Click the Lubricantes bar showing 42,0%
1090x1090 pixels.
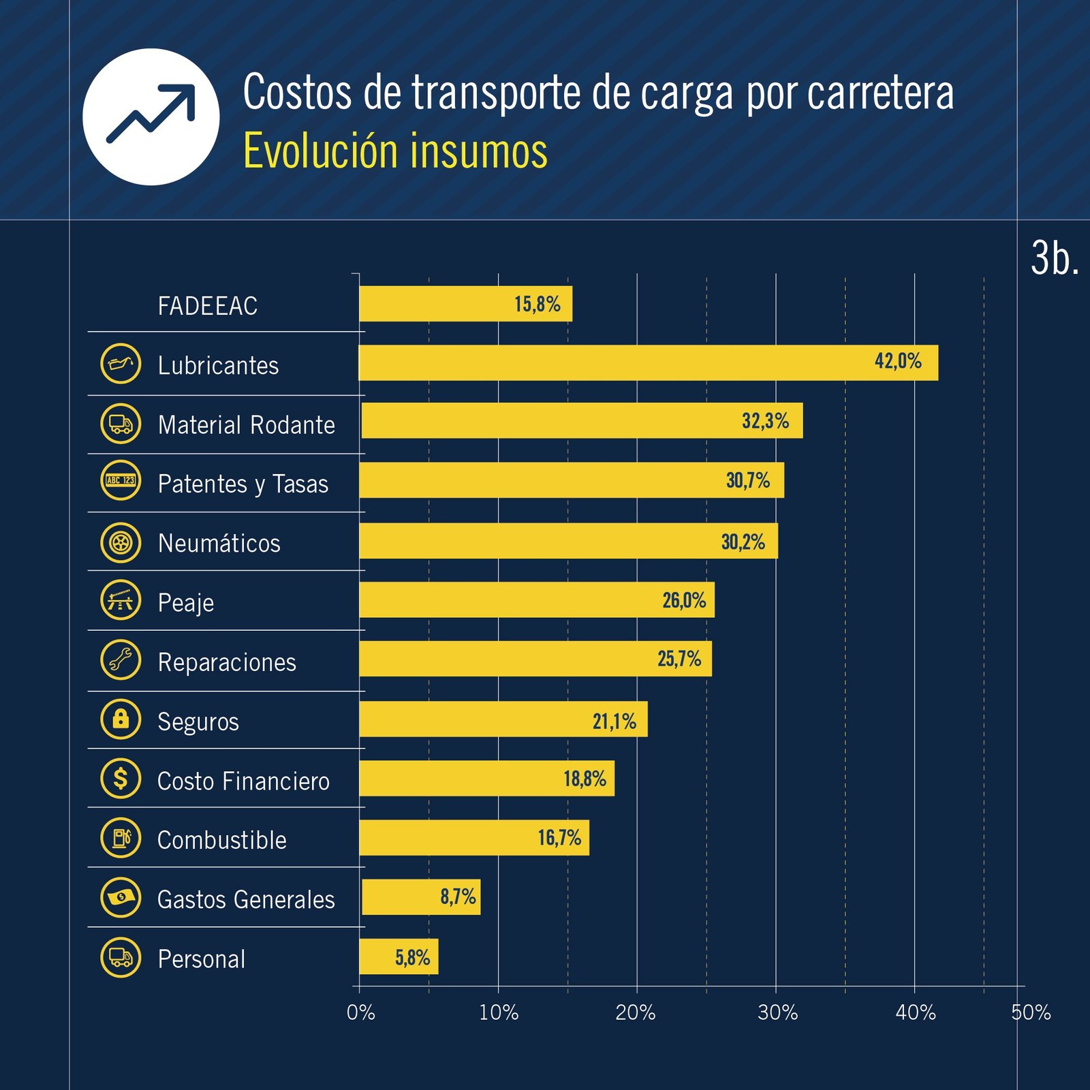pos(647,362)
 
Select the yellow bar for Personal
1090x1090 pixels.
pos(399,956)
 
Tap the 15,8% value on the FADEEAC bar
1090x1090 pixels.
pos(537,304)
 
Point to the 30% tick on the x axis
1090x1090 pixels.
pos(777,1012)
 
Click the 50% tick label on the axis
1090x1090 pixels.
pos(1030,1012)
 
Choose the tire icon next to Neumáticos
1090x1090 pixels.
pos(121,543)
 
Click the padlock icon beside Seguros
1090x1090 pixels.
pos(121,719)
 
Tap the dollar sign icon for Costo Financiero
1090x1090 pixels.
pos(121,778)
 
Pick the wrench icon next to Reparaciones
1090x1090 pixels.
pos(121,659)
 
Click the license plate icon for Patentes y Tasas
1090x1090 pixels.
pos(121,480)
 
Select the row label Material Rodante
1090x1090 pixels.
pos(246,425)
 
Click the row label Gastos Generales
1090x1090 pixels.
pos(246,899)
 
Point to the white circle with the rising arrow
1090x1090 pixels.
pos(151,116)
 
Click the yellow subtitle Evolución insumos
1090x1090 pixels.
pos(395,151)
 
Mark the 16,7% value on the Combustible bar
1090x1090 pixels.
pos(559,837)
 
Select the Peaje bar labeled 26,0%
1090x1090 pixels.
pos(537,599)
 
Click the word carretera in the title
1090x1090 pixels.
pos(880,93)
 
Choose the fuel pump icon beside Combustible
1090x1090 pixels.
pos(121,837)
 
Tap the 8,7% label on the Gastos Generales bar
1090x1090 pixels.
pos(458,897)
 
